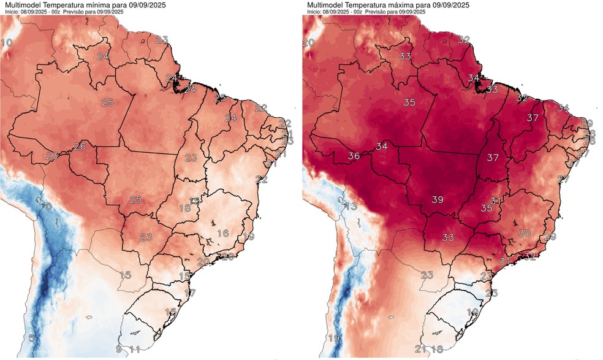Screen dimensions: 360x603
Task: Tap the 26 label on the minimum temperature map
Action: pos(80,146)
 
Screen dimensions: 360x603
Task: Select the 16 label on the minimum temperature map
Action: pos(223,233)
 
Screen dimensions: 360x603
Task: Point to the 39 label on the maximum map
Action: pos(438,200)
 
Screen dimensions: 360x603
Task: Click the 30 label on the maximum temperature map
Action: pos(525,233)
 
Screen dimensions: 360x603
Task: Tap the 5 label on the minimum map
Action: pos(31,338)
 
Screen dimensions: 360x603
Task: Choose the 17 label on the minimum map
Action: pos(190,293)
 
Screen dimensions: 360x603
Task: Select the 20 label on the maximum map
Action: pos(309,42)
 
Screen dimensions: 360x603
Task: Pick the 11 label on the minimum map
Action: pos(135,350)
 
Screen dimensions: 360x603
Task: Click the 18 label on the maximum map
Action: pos(437,350)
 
